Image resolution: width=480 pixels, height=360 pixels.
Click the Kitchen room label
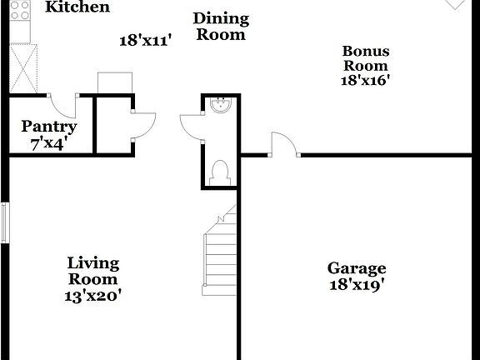pyautogui.click(x=77, y=7)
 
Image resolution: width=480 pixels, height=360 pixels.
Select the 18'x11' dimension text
pyautogui.click(x=145, y=40)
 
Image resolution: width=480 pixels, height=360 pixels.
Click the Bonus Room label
pyautogui.click(x=366, y=58)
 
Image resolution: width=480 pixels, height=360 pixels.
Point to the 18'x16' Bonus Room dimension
pyautogui.click(x=366, y=81)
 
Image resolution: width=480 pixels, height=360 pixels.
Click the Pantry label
pyautogui.click(x=49, y=127)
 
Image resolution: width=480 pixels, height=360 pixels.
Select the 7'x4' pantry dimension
pyautogui.click(x=49, y=142)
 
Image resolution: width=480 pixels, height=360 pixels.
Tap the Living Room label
pyautogui.click(x=93, y=271)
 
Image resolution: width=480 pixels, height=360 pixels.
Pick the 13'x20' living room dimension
pyautogui.click(x=93, y=295)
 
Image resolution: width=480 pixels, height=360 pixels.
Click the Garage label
pyautogui.click(x=357, y=268)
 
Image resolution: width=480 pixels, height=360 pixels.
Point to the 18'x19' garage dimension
pyautogui.click(x=357, y=284)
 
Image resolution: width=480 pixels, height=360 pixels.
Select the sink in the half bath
pyautogui.click(x=221, y=107)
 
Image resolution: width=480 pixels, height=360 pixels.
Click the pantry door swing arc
pyautogui.click(x=62, y=105)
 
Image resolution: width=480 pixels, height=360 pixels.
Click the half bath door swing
pyautogui.click(x=191, y=128)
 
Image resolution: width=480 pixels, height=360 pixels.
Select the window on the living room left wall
pyautogui.click(x=5, y=222)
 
